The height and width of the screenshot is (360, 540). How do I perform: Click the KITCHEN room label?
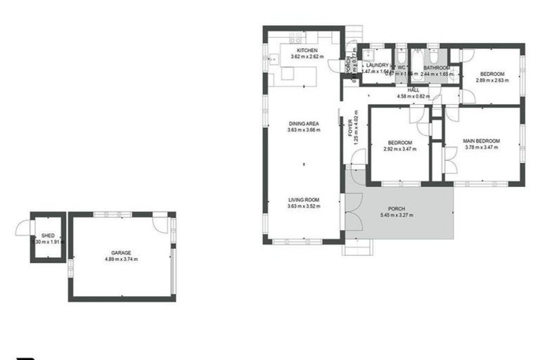click(307, 51)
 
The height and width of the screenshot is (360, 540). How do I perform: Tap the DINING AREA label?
click(303, 124)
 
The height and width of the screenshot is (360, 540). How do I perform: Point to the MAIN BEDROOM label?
click(481, 141)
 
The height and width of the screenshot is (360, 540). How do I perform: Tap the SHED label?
click(48, 236)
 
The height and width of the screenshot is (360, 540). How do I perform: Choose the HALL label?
click(413, 90)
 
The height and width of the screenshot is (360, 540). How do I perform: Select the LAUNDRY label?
click(378, 65)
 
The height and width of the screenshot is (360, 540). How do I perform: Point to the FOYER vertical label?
click(350, 127)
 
